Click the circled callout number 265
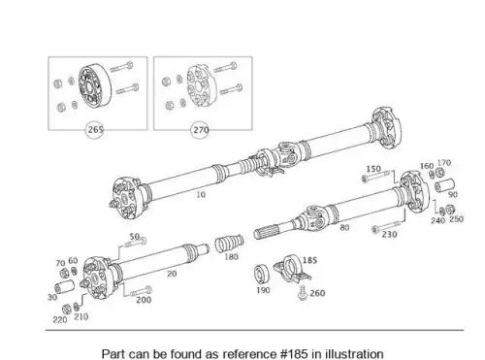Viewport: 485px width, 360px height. click(x=94, y=130)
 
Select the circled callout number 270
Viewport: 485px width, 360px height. click(x=200, y=130)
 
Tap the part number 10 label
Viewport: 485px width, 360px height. click(x=201, y=194)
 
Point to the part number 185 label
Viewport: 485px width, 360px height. click(x=309, y=260)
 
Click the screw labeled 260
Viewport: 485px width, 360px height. click(x=303, y=293)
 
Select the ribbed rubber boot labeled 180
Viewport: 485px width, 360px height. click(x=229, y=244)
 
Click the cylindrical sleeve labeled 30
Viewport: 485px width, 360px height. click(x=64, y=287)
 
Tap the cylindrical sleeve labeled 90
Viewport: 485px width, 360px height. click(x=444, y=185)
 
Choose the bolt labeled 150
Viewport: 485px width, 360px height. click(x=377, y=177)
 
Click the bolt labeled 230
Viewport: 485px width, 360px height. click(x=386, y=227)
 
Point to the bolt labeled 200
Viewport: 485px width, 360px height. click(x=141, y=291)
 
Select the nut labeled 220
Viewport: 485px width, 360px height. click(x=66, y=310)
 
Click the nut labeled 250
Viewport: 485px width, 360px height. click(x=450, y=210)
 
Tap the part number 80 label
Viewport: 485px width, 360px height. click(x=344, y=227)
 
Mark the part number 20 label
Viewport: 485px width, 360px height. click(x=172, y=274)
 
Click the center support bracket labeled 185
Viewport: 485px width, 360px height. click(x=292, y=269)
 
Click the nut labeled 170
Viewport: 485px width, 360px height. click(x=439, y=173)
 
